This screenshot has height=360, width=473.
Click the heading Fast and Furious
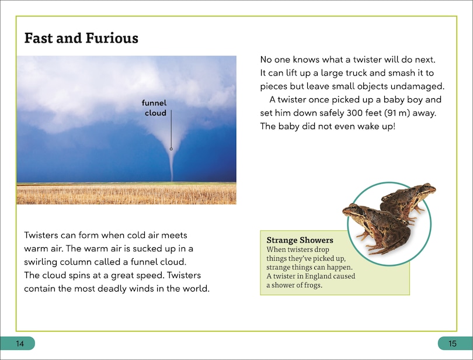click(81, 39)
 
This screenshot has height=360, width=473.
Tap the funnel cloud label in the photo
click(155, 108)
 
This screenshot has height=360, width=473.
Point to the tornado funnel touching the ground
click(171, 169)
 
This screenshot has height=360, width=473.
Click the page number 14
click(18, 343)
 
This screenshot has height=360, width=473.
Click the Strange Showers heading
click(300, 240)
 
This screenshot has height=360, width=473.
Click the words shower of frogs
click(297, 285)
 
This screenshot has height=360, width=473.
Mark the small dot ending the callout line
click(171, 149)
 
